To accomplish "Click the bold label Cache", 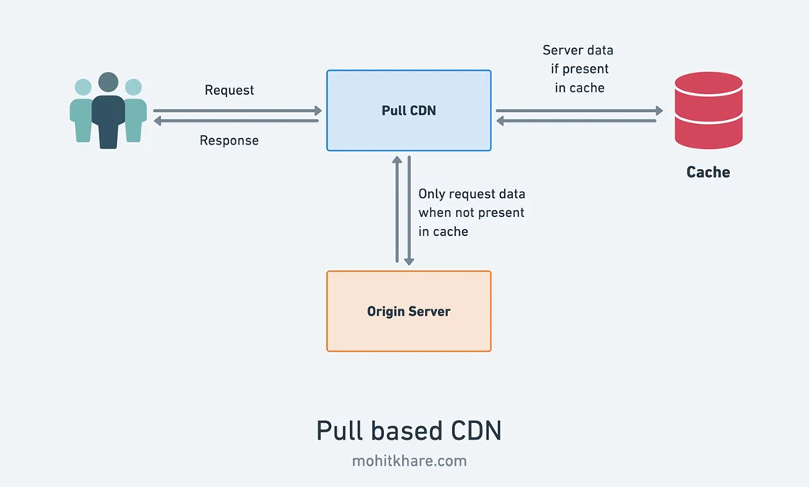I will [x=708, y=172].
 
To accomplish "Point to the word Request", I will [x=229, y=90].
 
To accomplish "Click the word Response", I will [x=229, y=140].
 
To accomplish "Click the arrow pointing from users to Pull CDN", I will [x=237, y=111].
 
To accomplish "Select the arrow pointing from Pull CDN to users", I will [x=237, y=121].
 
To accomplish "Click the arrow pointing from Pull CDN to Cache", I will [x=579, y=111].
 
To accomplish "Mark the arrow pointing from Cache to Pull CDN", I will [x=579, y=121].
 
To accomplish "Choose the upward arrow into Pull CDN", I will [x=397, y=209].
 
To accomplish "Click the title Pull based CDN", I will [x=408, y=431].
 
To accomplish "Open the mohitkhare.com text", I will [x=408, y=461].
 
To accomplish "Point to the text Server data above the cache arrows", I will [x=578, y=51].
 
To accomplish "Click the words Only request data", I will [x=471, y=194].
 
